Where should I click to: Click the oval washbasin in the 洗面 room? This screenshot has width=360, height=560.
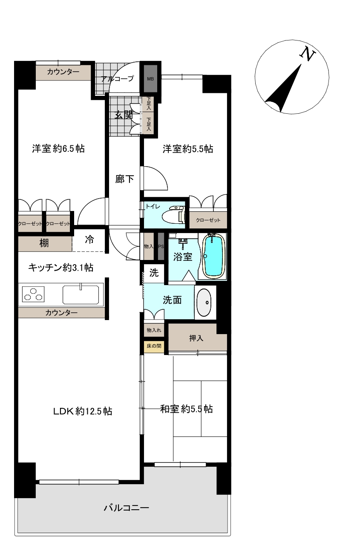coord(205,302)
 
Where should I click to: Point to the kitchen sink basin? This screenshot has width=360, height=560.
coord(81,294)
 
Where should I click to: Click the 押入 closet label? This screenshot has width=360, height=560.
coord(196,338)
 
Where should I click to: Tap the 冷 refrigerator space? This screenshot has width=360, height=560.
coord(89,240)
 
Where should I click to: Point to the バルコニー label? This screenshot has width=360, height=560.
coord(126,508)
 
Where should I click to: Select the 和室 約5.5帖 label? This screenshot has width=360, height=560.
coord(186,409)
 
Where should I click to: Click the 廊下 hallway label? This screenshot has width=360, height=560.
coord(124,179)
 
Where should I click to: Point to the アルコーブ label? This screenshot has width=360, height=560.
coord(117,79)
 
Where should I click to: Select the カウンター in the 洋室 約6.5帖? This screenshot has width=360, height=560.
coord(63,72)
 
